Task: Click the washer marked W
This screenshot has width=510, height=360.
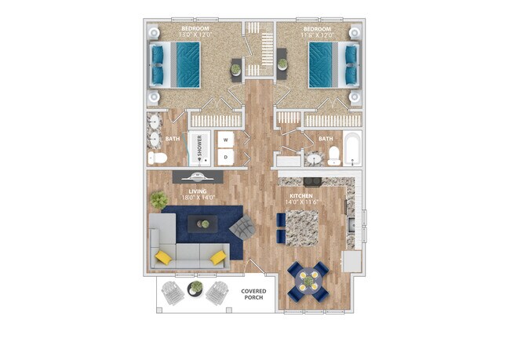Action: coord(227,140)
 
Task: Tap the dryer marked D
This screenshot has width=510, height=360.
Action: coord(227,157)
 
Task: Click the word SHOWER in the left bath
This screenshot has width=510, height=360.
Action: coord(199,147)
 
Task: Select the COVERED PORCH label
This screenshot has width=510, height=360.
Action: coord(253,296)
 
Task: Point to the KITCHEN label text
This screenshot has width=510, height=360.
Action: coord(301,195)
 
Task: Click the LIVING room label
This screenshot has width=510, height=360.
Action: coord(195,191)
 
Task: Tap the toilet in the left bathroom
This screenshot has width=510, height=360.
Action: coord(158,159)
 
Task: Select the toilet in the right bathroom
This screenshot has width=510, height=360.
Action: coord(333,155)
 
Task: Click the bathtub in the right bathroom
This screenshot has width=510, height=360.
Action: coord(352,151)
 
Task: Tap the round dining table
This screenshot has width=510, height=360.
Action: coord(308,280)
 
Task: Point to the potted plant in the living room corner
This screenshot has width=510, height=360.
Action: coord(159,201)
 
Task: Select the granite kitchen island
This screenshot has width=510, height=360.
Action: coord(302,228)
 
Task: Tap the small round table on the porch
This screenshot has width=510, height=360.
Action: coord(195,288)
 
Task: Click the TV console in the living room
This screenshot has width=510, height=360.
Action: coord(199,176)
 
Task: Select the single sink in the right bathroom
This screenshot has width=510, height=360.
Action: coord(314,159)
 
